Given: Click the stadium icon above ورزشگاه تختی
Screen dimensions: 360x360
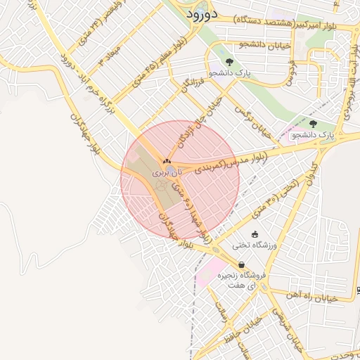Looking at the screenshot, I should tap(255, 234).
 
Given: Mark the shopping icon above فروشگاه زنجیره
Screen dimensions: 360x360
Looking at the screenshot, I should tap(242, 266).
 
